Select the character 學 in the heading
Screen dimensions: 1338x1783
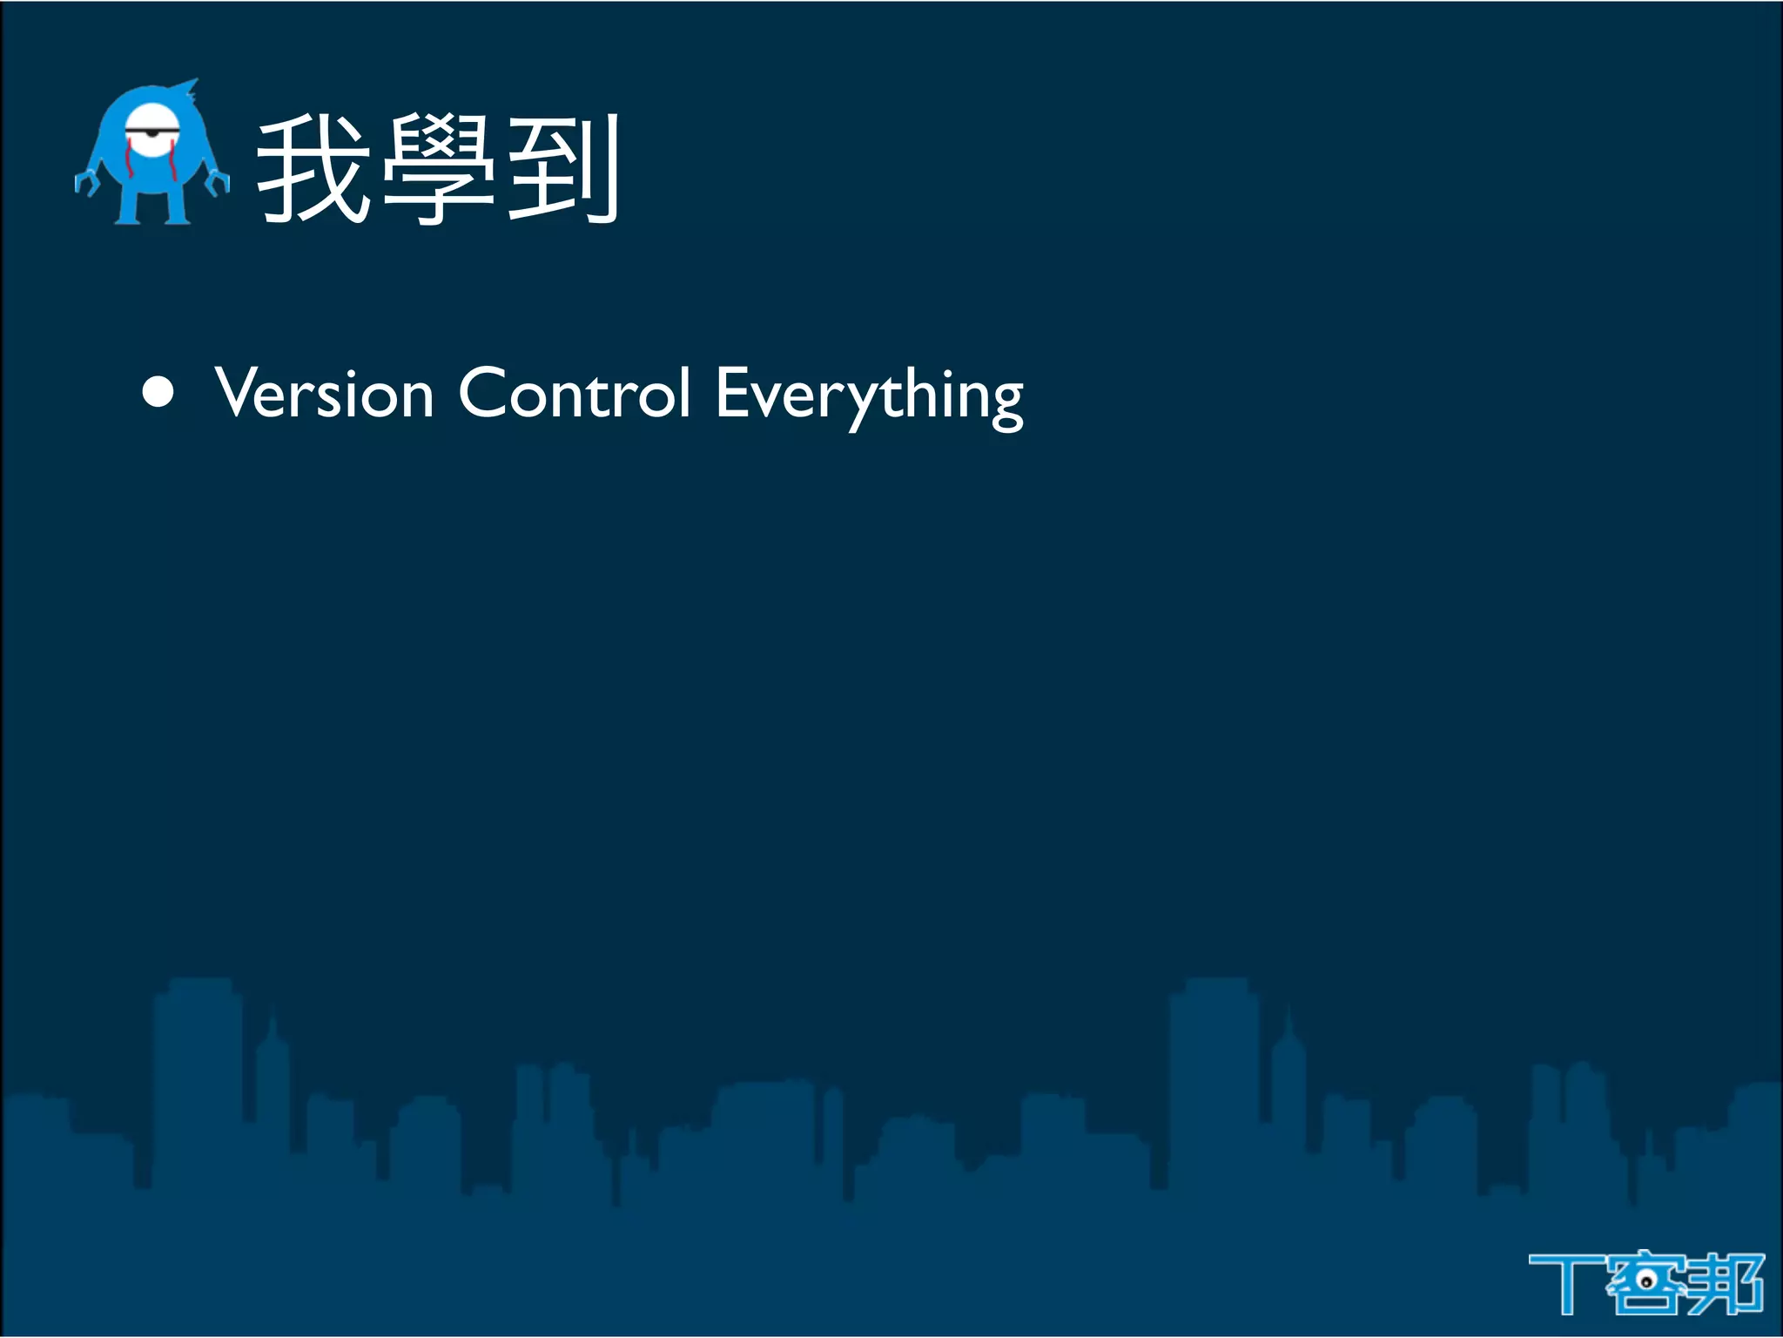click(x=438, y=170)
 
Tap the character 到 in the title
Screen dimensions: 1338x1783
click(x=562, y=170)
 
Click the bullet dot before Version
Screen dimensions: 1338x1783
click(x=158, y=393)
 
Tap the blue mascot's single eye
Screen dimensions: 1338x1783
click(x=153, y=132)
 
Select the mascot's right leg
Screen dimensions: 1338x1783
click(x=177, y=206)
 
